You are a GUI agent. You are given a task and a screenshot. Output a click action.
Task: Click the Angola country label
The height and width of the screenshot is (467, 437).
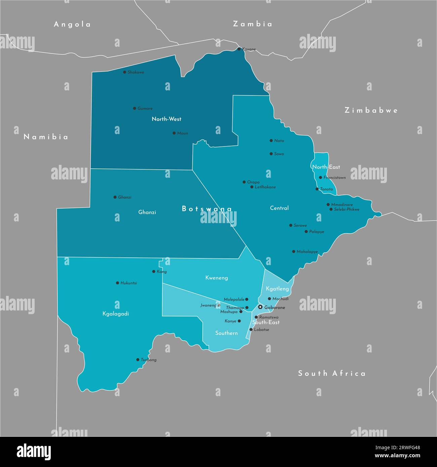click(72, 24)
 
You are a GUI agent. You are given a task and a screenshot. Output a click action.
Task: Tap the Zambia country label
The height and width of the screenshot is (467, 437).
click(252, 24)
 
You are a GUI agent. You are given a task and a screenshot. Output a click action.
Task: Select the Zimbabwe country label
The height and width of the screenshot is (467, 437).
click(371, 110)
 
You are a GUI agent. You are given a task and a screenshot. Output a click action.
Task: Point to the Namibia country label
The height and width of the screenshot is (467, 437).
click(46, 137)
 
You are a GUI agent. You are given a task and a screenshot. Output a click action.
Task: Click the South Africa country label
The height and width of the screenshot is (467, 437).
click(332, 373)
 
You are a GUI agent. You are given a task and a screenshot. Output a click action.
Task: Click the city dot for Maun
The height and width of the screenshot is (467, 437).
click(174, 133)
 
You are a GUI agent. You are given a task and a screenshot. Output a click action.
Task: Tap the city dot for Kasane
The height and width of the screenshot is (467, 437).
click(239, 49)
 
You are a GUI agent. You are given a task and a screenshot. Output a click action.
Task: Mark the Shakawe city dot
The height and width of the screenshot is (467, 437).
click(124, 72)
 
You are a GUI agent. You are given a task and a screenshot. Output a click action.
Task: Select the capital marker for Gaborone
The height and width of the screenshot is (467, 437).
click(260, 307)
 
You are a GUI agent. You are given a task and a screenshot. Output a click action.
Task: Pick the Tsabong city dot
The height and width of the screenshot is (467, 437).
click(138, 359)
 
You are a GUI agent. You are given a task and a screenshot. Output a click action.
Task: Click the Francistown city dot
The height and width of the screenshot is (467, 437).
click(321, 177)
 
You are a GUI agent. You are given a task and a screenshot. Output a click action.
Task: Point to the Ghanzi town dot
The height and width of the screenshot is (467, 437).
click(115, 197)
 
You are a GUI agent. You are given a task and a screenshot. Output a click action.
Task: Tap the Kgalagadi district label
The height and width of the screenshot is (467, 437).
click(116, 314)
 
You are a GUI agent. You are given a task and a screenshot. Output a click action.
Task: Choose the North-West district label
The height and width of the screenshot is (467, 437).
click(166, 119)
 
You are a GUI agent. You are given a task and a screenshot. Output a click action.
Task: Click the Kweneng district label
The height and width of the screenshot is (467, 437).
click(216, 278)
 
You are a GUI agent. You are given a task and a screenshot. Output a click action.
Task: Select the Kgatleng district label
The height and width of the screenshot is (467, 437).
click(277, 289)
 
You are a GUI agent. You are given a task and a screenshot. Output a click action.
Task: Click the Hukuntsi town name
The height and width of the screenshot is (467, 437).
click(129, 283)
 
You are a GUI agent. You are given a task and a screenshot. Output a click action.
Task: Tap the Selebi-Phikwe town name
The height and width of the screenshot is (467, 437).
click(347, 209)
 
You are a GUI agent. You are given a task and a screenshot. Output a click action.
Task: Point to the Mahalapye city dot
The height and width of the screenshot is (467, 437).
click(294, 251)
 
